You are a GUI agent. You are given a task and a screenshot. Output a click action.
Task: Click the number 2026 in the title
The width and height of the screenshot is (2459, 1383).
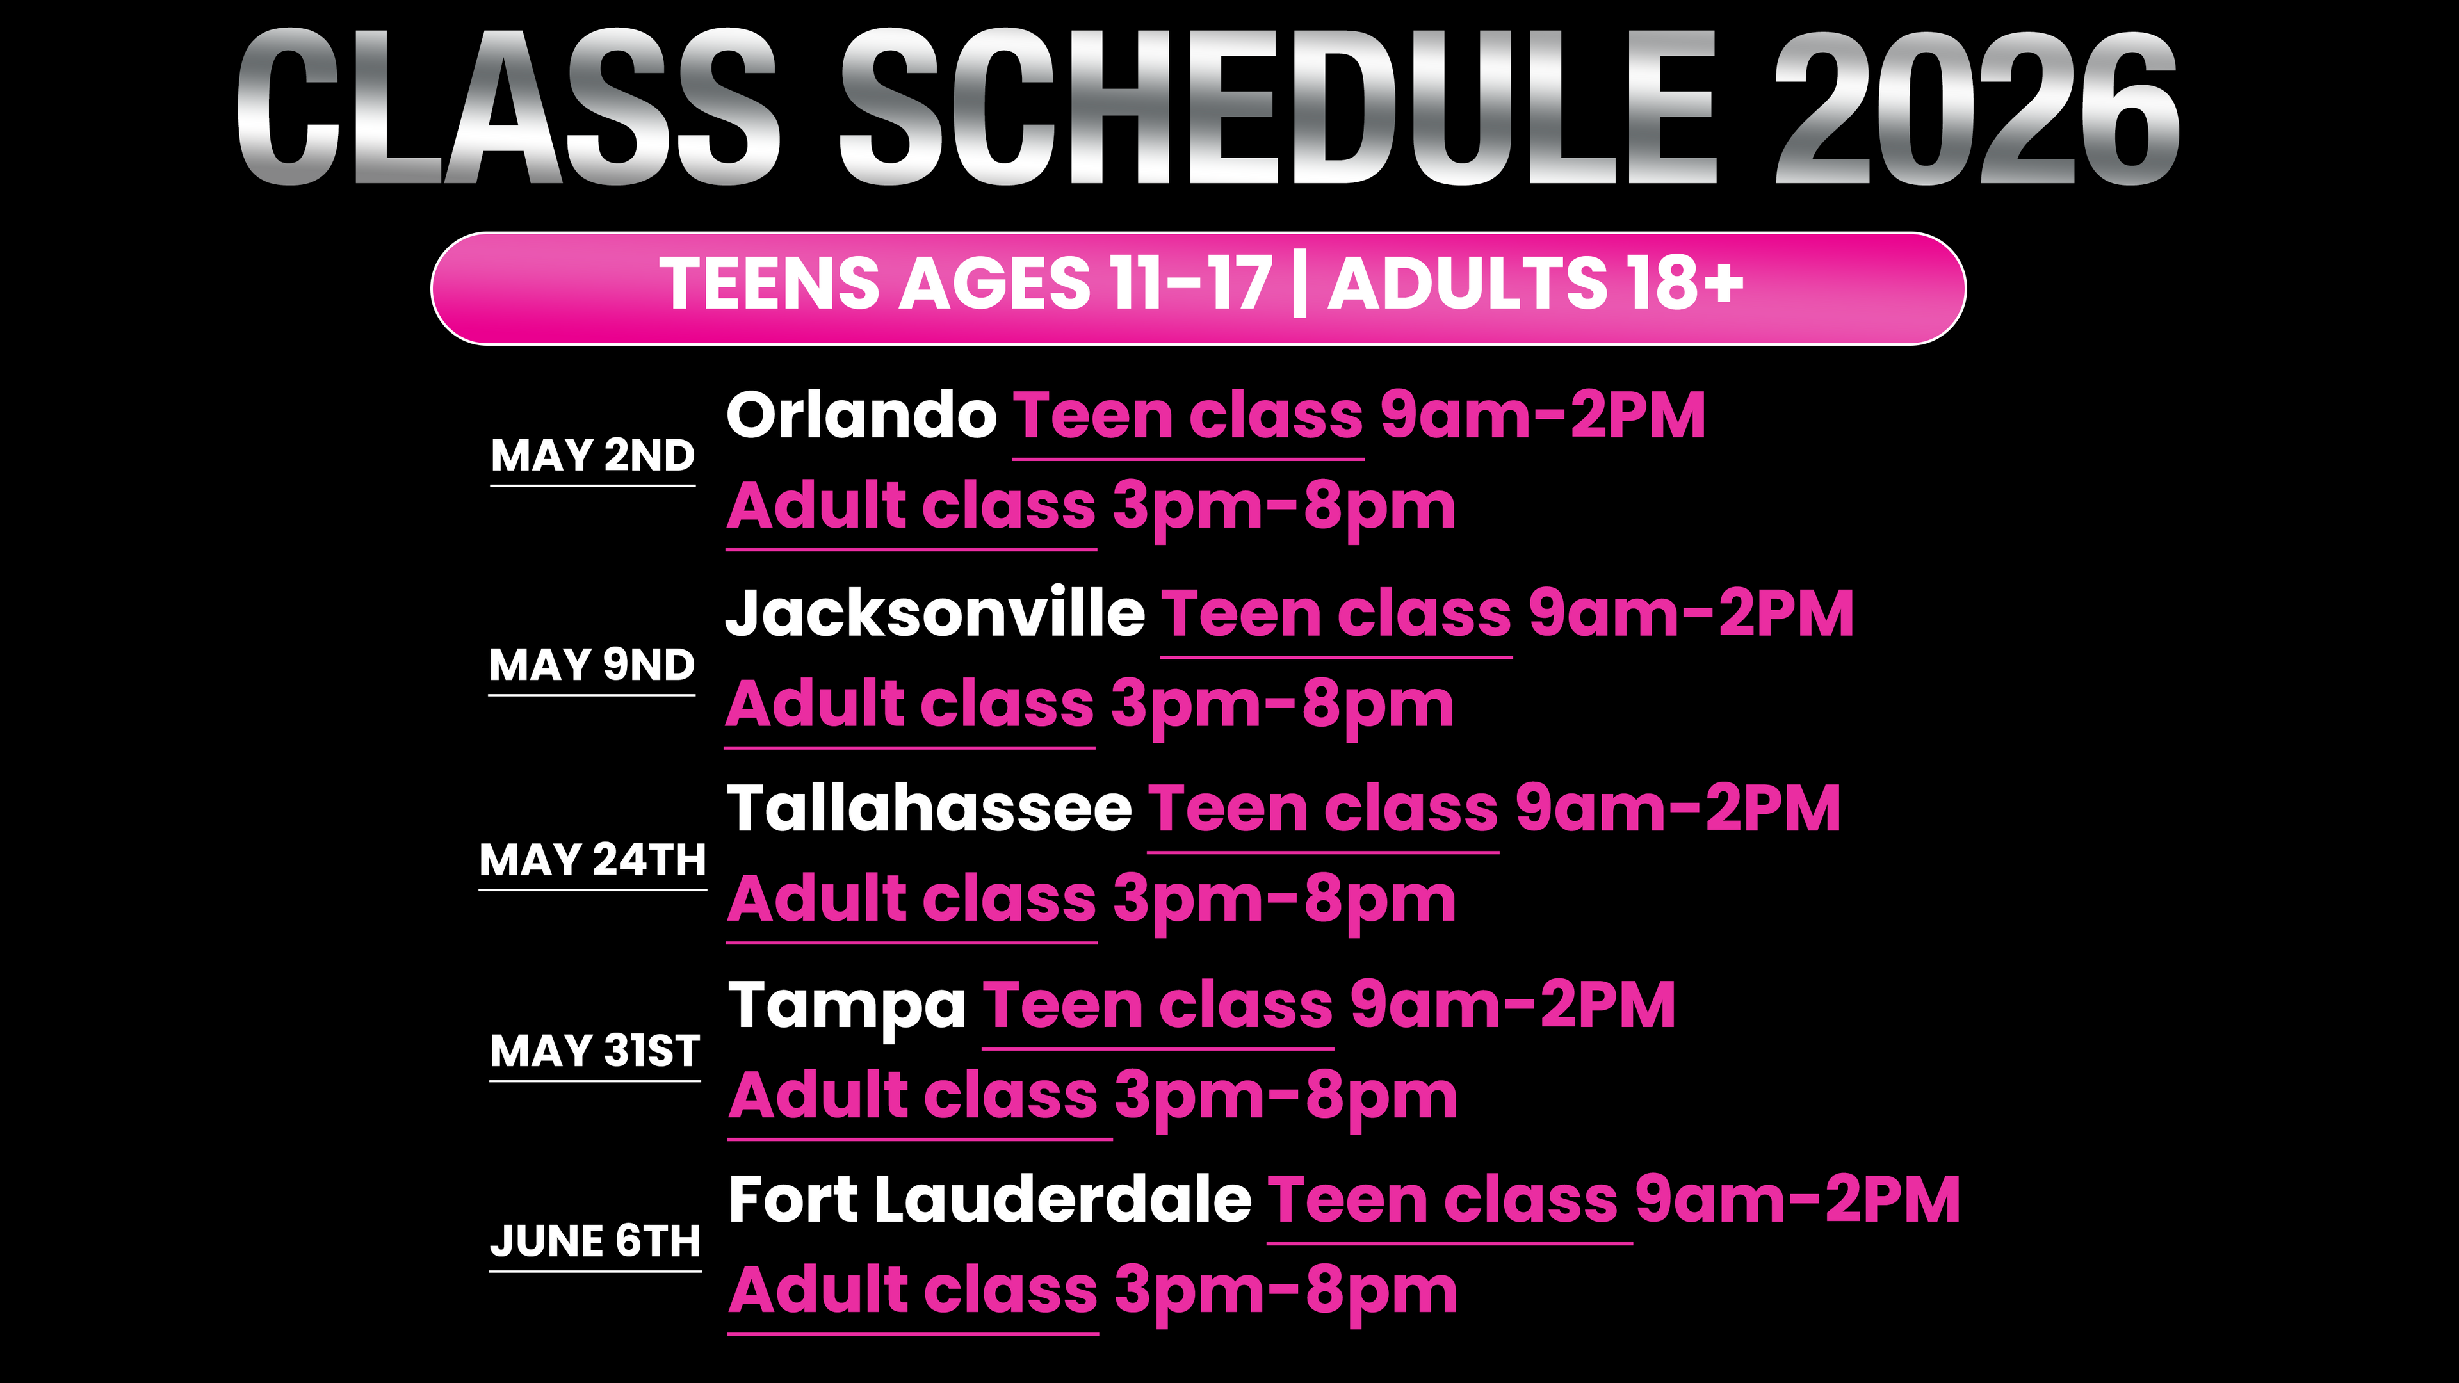1976,107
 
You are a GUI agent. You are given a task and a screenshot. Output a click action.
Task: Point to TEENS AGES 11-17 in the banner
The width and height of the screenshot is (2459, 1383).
966,284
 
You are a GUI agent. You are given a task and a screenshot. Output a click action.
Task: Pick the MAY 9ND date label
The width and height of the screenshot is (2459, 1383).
592,665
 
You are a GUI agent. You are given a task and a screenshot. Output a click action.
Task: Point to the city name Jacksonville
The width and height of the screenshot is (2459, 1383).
936,613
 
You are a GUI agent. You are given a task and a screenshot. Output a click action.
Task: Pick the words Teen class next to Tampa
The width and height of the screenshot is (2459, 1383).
1158,1005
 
